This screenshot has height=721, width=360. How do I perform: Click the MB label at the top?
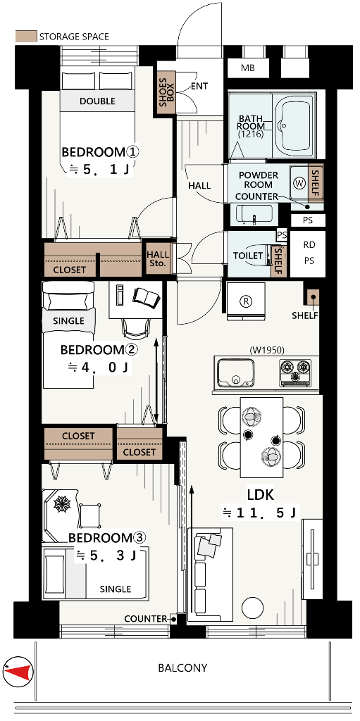(x=248, y=68)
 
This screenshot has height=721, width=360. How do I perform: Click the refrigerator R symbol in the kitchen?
(x=247, y=301)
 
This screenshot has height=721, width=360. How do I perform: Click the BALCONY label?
(x=182, y=667)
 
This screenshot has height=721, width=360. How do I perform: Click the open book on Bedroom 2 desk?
(x=147, y=297)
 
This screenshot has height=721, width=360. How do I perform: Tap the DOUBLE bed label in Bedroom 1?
(x=97, y=101)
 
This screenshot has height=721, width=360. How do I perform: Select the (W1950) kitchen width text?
(x=266, y=350)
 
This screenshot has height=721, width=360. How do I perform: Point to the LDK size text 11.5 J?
(x=261, y=513)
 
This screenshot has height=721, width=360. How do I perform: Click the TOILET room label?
(x=248, y=256)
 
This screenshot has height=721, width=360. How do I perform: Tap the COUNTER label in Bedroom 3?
(x=145, y=619)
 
